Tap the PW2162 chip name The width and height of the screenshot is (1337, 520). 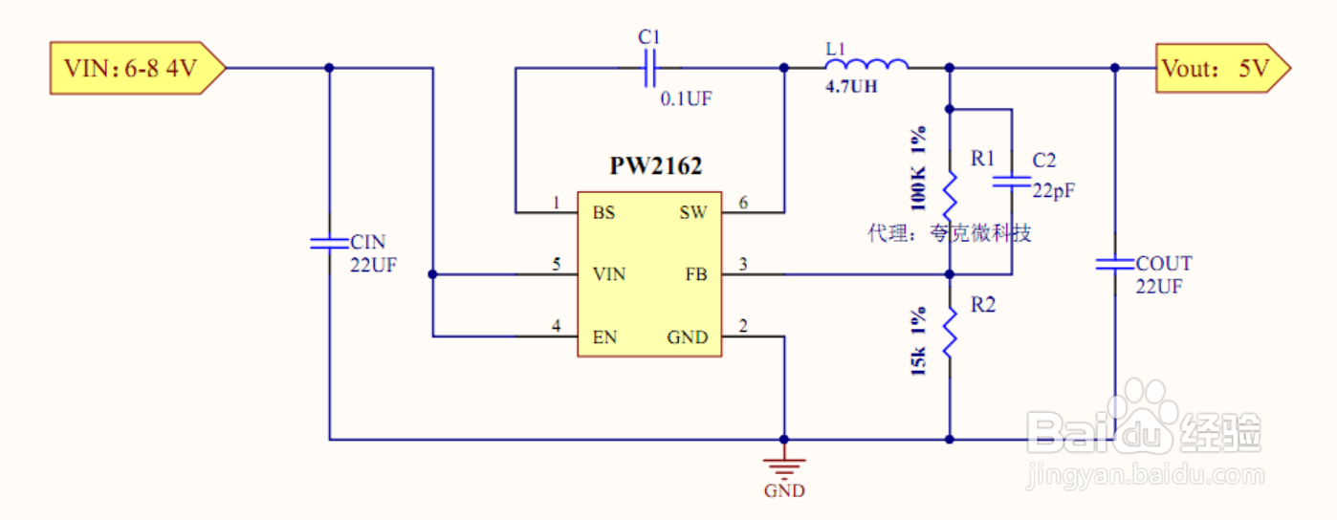coord(656,166)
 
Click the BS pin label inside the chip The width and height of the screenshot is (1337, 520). coord(603,212)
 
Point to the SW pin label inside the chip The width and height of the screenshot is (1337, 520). coord(693,212)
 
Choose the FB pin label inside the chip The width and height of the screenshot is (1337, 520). coord(696,275)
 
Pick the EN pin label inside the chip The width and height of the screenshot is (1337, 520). coord(604,336)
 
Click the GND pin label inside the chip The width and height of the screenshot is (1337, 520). coord(688,336)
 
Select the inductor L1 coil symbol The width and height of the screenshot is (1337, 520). coord(866,65)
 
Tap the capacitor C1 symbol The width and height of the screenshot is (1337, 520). coord(650,68)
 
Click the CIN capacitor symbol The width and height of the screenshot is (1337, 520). coord(329,242)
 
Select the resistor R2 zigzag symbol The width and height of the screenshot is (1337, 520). coord(950,330)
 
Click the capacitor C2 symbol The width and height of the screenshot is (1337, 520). coord(1011,180)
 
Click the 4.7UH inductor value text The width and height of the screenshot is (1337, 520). coord(851,87)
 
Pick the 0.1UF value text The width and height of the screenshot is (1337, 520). coord(687,98)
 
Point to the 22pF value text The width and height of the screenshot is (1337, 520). coord(1053,189)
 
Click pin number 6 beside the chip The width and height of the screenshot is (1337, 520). coord(743,203)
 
